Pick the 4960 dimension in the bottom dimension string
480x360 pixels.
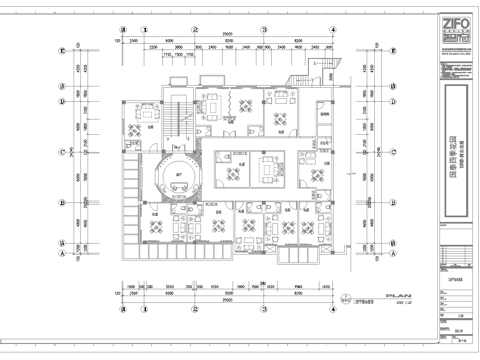299,285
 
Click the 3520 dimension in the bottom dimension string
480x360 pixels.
171,285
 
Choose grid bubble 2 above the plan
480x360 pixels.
196,30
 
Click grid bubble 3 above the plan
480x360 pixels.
264,30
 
